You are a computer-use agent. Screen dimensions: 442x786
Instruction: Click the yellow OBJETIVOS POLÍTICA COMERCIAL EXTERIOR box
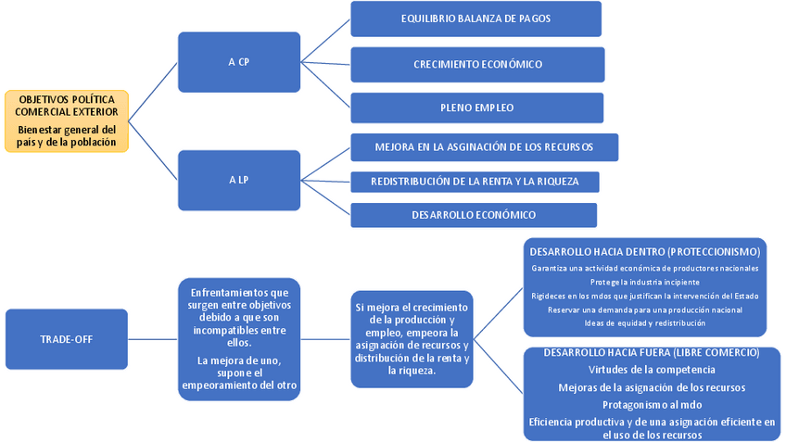[x=67, y=120]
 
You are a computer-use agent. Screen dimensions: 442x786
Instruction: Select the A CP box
[x=238, y=62]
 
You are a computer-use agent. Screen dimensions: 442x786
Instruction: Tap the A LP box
[x=238, y=179]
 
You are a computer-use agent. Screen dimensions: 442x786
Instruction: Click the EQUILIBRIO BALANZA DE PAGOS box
[x=475, y=19]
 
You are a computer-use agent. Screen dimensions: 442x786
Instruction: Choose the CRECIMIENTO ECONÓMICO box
[x=477, y=64]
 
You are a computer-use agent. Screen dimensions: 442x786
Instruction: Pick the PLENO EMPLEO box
[x=476, y=107]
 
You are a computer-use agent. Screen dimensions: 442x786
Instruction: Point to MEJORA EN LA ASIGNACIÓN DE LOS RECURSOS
[x=484, y=147]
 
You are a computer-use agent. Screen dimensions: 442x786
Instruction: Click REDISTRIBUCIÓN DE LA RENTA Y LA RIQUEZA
[x=475, y=182]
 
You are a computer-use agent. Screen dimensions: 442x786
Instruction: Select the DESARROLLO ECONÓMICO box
[x=473, y=215]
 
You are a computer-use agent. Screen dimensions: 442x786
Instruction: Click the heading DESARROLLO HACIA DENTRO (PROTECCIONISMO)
[x=644, y=251]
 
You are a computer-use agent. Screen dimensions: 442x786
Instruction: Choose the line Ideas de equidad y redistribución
[x=645, y=323]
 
